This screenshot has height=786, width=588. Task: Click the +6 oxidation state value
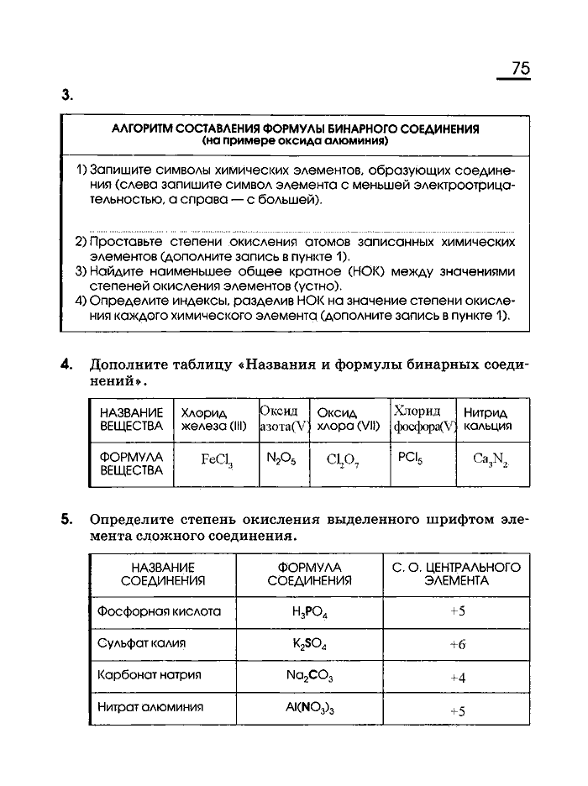click(457, 644)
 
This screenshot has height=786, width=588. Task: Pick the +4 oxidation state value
click(457, 677)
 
